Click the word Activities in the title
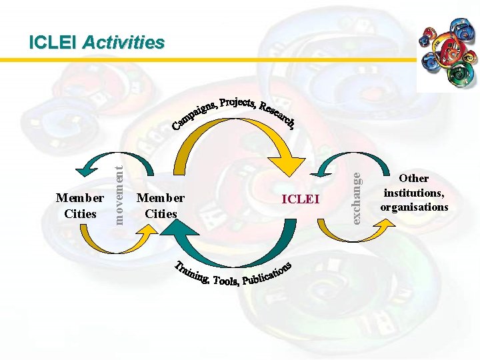(123, 43)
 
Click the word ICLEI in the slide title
(53, 43)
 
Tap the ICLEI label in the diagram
(301, 199)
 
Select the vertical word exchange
(357, 197)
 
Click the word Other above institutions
(414, 178)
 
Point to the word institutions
(414, 193)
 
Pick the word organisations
(414, 207)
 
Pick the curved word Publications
(267, 273)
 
